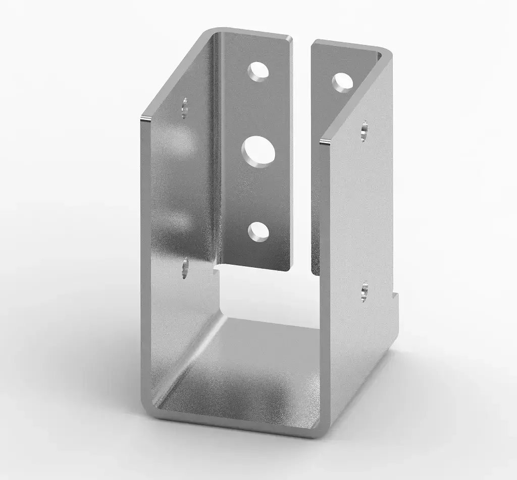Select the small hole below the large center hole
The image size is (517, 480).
point(258,231)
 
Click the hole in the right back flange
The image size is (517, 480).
point(342,82)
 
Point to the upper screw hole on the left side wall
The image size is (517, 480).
point(185,107)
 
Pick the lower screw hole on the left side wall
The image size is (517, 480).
point(185,267)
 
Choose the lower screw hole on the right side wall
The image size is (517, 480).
point(365,292)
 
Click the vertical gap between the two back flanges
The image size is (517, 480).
point(301,151)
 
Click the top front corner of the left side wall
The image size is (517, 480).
point(145,119)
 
